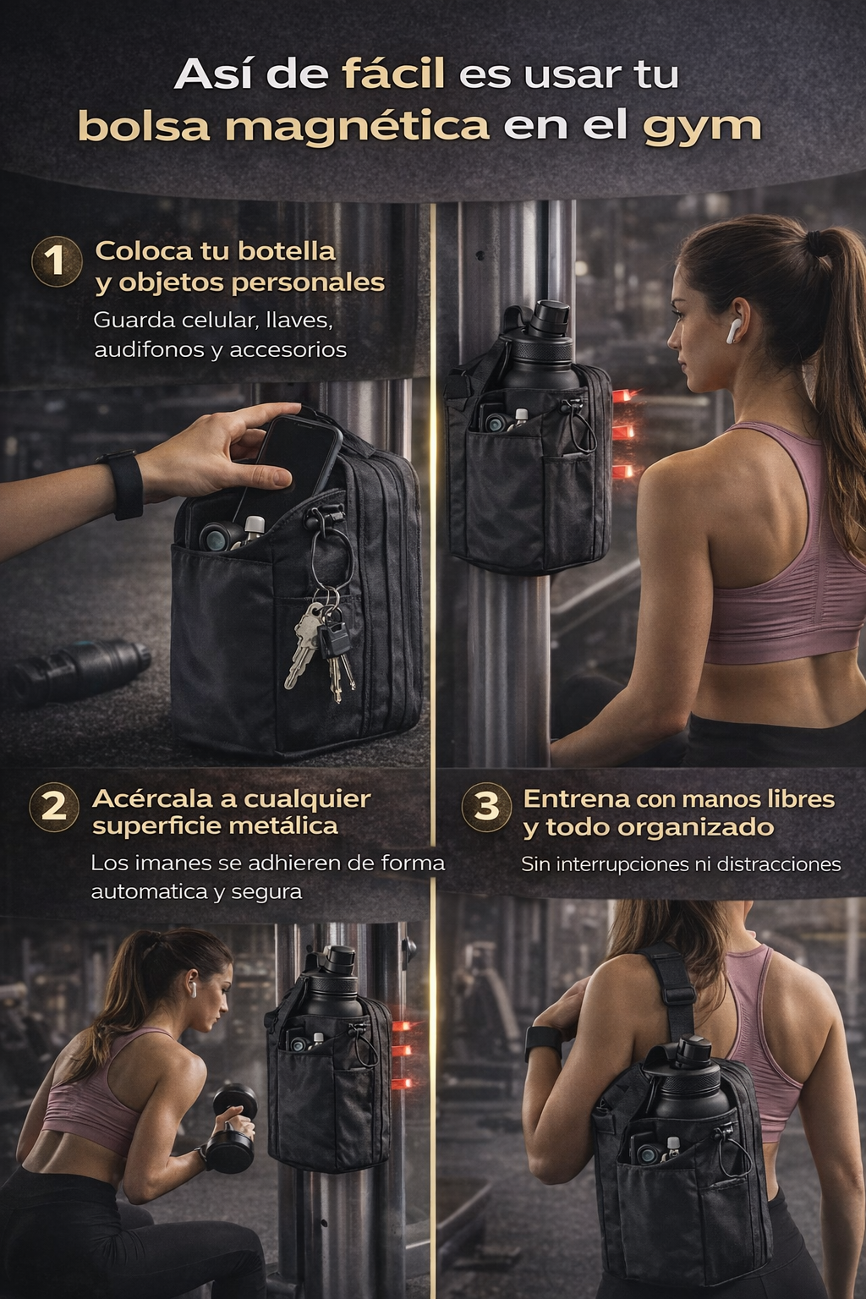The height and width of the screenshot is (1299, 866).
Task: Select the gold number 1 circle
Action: point(57,261)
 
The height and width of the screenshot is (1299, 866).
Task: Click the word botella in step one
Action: point(288,251)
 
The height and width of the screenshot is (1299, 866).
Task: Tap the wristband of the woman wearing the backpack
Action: point(543,1041)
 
